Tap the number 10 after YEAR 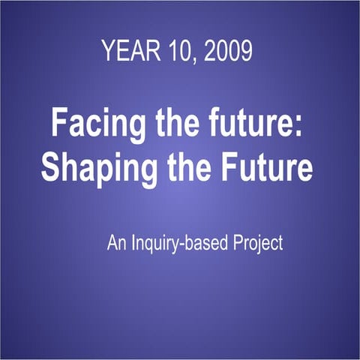coord(173,52)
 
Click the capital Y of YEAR coord(108,52)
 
